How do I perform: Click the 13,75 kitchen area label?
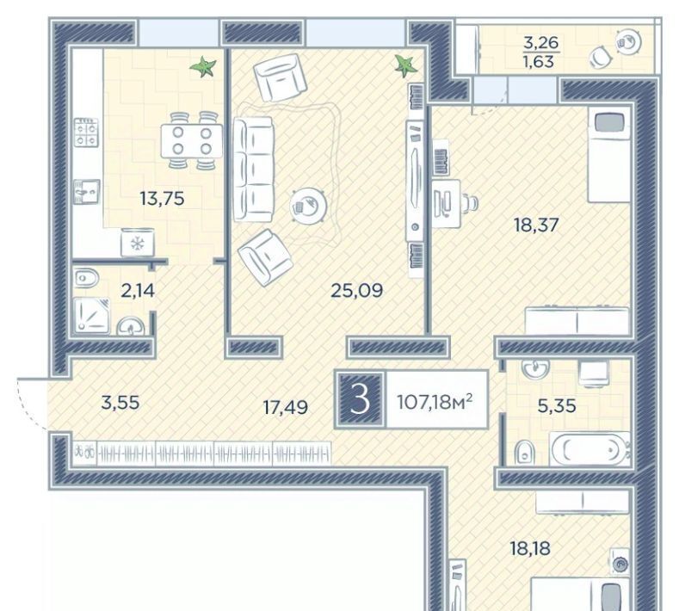pyautogui.click(x=162, y=199)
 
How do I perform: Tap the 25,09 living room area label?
pyautogui.click(x=356, y=291)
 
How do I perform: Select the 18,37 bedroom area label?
pyautogui.click(x=536, y=225)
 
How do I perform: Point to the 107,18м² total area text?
pyautogui.click(x=435, y=403)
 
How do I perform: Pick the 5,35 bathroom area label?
pyautogui.click(x=557, y=406)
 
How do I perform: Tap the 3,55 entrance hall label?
pyautogui.click(x=120, y=403)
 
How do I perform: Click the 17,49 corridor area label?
pyautogui.click(x=286, y=407)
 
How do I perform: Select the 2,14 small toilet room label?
pyautogui.click(x=138, y=291)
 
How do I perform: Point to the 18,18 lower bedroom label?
pyautogui.click(x=530, y=548)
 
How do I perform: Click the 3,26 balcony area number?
pyautogui.click(x=540, y=43)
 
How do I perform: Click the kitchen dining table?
pyautogui.click(x=192, y=141)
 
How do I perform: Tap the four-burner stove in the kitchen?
pyautogui.click(x=86, y=133)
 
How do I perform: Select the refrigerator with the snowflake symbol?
pyautogui.click(x=138, y=243)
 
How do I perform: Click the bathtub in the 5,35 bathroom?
pyautogui.click(x=589, y=448)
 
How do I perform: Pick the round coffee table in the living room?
pyautogui.click(x=308, y=206)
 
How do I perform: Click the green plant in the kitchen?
pyautogui.click(x=202, y=67)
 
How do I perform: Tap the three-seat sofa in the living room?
pyautogui.click(x=253, y=170)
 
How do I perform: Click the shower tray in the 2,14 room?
pyautogui.click(x=92, y=316)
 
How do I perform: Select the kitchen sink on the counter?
pyautogui.click(x=87, y=191)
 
